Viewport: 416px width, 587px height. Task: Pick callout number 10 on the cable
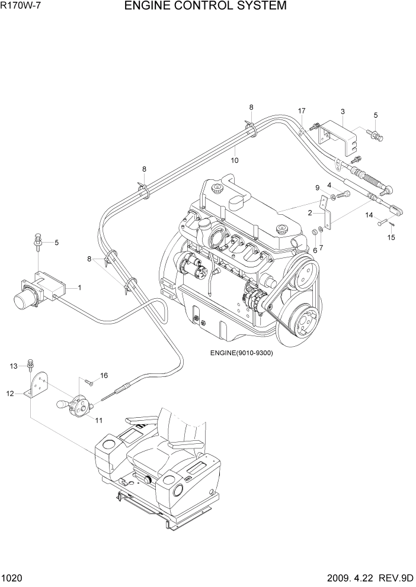click(x=235, y=160)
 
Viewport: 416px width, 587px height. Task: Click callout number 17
click(x=302, y=111)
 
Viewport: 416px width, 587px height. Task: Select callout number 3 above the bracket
click(x=343, y=111)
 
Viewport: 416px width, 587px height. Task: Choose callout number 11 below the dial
click(x=98, y=420)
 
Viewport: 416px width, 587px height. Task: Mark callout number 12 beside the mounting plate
click(x=10, y=392)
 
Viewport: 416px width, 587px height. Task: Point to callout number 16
click(x=104, y=375)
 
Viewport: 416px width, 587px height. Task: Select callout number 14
click(x=368, y=215)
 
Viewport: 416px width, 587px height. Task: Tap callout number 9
click(x=317, y=188)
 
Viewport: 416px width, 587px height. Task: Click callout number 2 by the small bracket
click(x=309, y=211)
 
